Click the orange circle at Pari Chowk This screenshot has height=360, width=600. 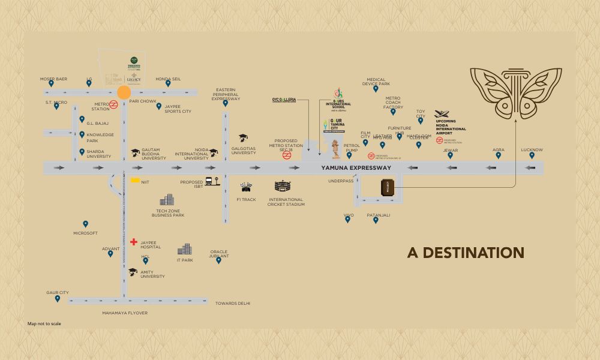click(x=124, y=92)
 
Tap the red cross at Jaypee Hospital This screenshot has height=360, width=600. click(x=133, y=242)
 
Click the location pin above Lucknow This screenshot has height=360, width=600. click(x=532, y=155)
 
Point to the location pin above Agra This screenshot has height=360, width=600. click(x=498, y=155)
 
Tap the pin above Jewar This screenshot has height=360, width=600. click(x=450, y=155)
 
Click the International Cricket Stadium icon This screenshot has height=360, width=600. click(x=282, y=187)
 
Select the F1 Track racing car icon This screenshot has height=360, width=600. click(x=245, y=187)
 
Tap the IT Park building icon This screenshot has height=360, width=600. click(x=185, y=249)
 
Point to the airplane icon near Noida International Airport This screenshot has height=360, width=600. click(x=442, y=114)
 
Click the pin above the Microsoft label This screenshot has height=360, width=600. click(x=85, y=224)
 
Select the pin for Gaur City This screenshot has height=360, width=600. click(x=58, y=299)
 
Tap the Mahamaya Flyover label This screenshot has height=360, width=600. click(x=125, y=313)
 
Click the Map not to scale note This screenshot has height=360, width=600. click(x=44, y=324)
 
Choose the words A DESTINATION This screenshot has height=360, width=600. click(x=466, y=253)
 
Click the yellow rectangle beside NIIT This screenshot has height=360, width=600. click(x=136, y=180)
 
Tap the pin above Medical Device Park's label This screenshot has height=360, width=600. click(x=376, y=89)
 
